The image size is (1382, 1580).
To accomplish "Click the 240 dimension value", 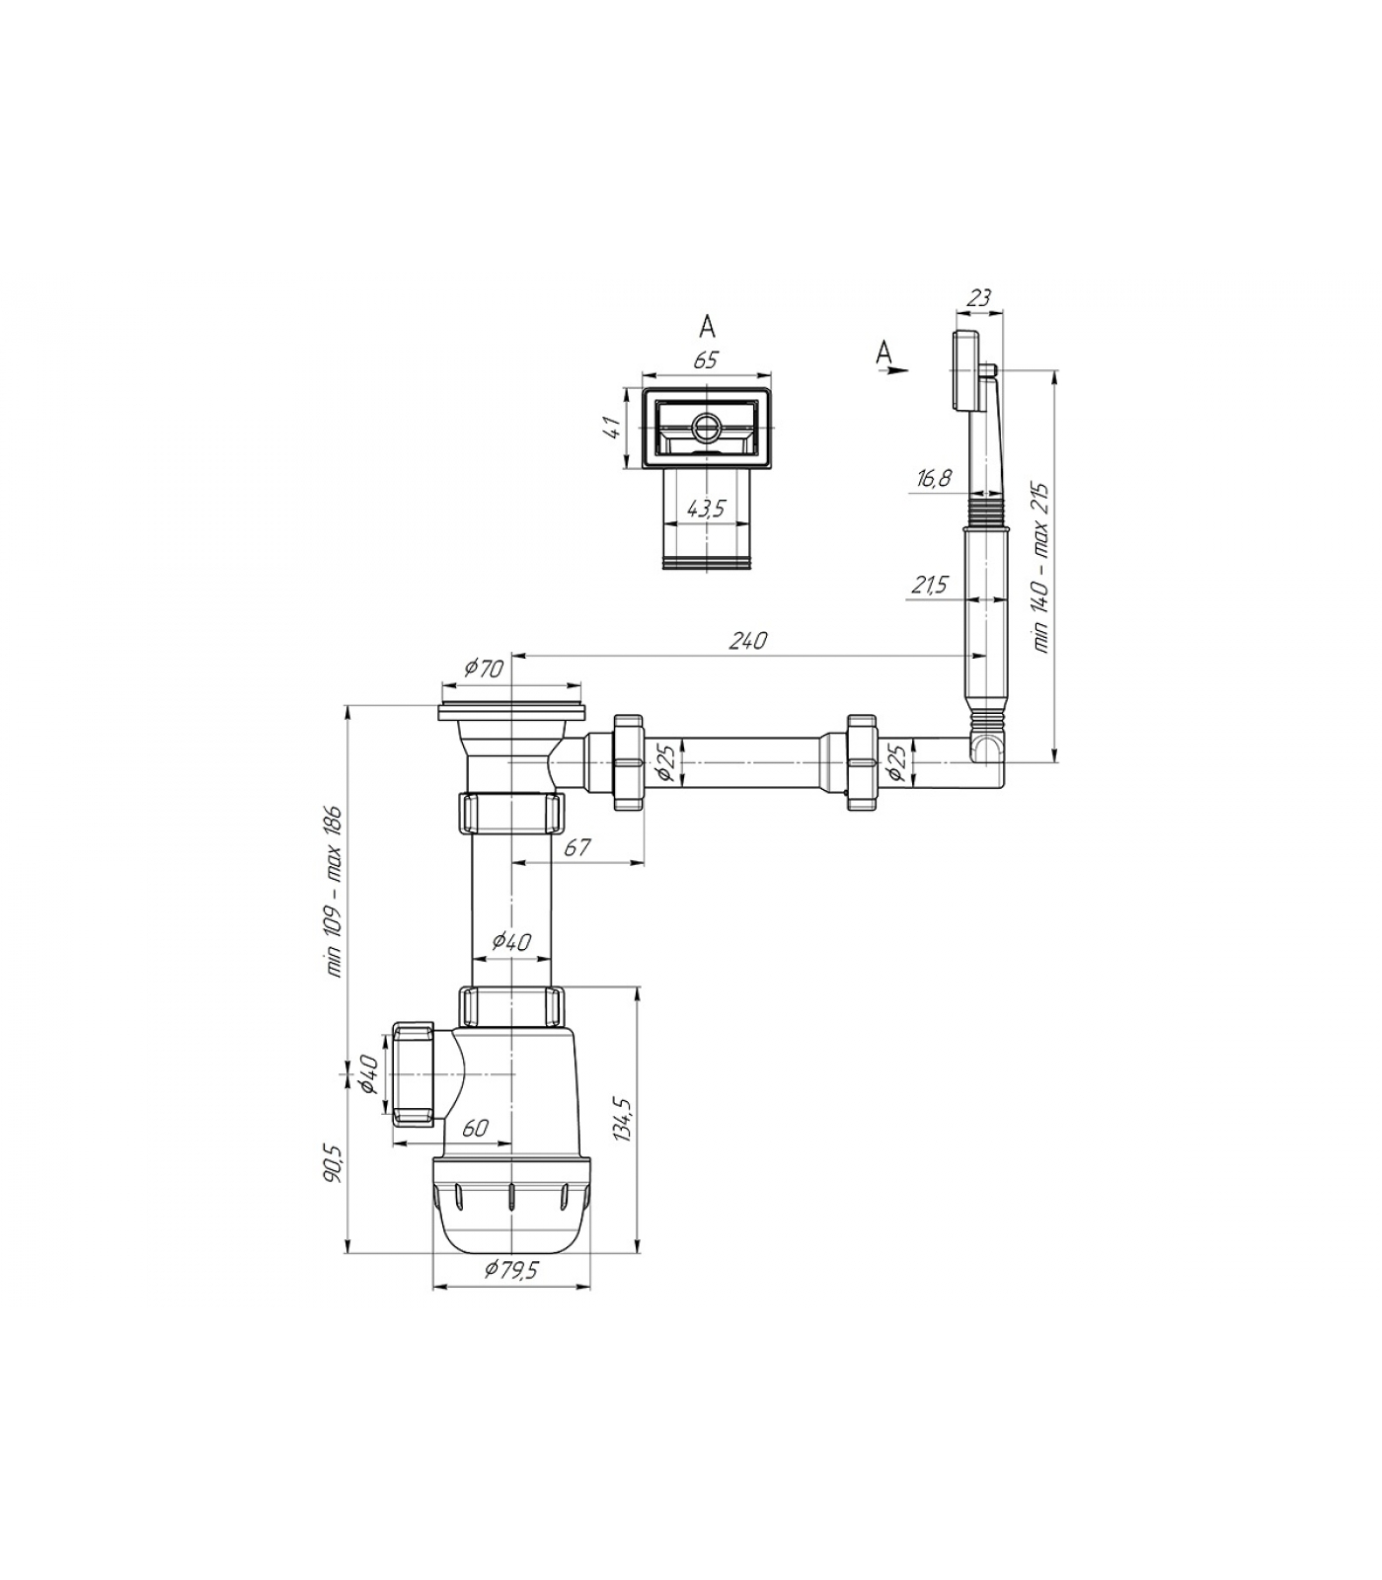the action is [x=747, y=641].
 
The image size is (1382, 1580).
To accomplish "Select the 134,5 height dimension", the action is [x=622, y=1119].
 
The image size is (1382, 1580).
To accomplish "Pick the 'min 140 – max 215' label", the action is [x=1041, y=568].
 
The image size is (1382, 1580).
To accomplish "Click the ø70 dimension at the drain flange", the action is [x=484, y=669].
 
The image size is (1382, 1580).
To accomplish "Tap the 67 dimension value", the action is [x=577, y=846].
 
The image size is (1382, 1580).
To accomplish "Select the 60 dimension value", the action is [x=475, y=1128].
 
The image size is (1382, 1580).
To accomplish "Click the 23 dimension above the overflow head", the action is [x=978, y=296].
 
